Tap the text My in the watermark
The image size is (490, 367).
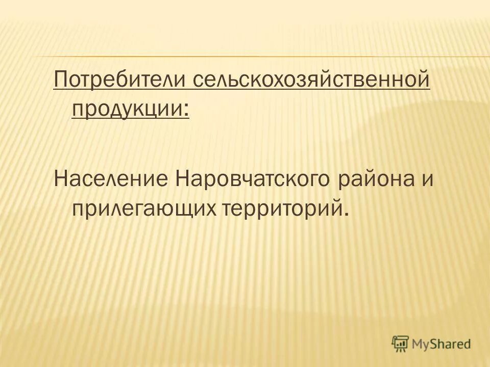[x=422, y=343]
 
